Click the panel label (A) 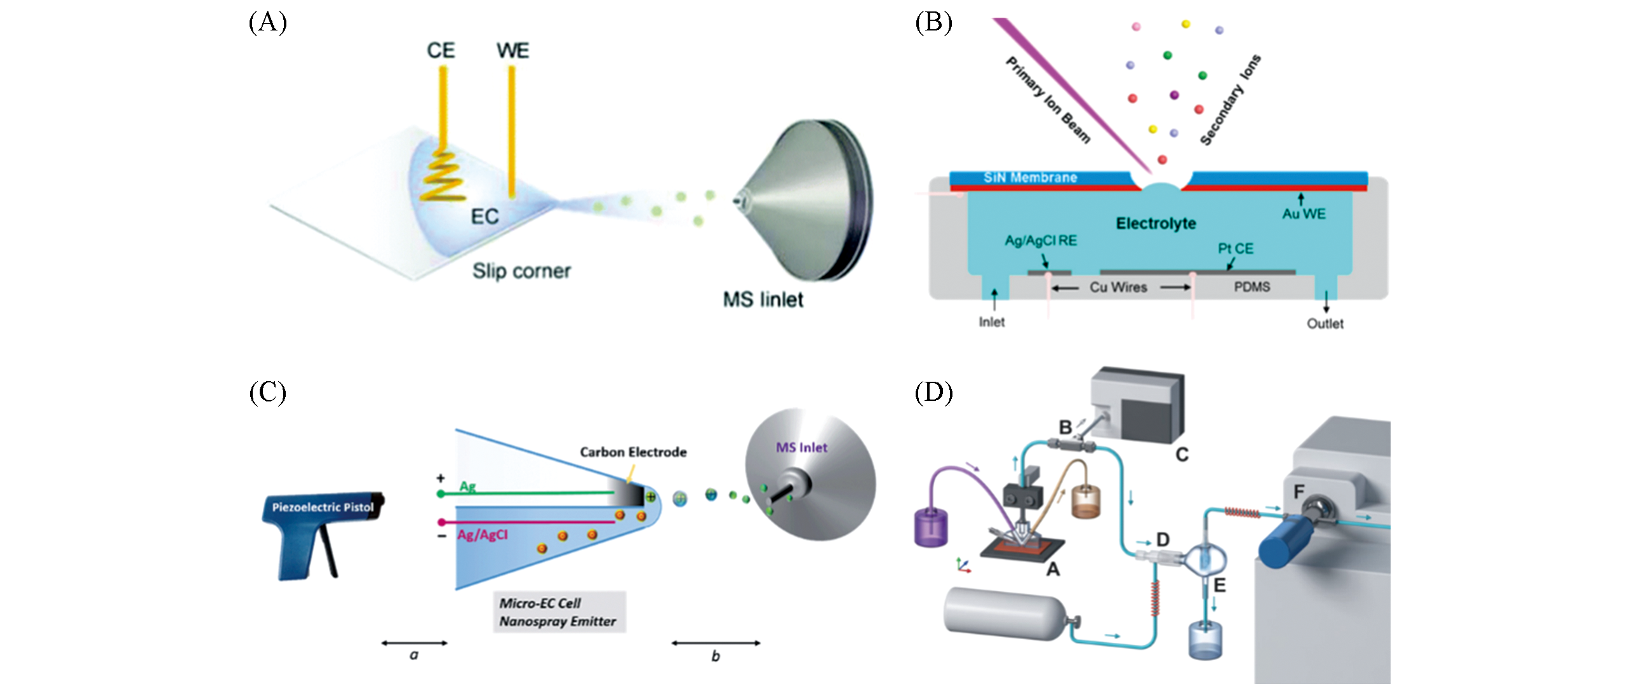tap(267, 23)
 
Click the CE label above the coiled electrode tap(441, 51)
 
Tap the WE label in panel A tap(512, 51)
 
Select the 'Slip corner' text tap(521, 271)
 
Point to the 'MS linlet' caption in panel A tap(763, 299)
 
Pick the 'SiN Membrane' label tap(1030, 178)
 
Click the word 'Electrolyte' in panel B tap(1156, 224)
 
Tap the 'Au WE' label tap(1304, 214)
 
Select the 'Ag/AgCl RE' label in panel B tap(1041, 241)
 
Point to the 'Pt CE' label tap(1235, 249)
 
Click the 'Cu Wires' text tap(1118, 288)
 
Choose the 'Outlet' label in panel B tap(1325, 324)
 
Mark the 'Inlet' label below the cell tap(991, 322)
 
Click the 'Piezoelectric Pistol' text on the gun tap(323, 507)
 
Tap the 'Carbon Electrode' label tap(633, 452)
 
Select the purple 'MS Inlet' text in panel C tap(801, 448)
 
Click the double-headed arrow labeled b tap(716, 643)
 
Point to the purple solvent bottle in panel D tap(930, 528)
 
